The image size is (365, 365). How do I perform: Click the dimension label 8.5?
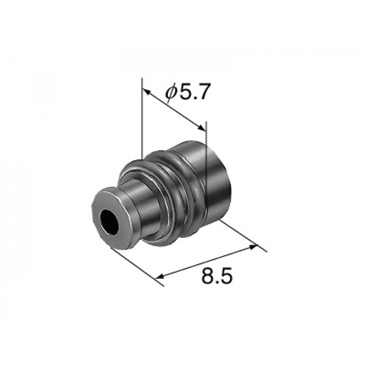217,276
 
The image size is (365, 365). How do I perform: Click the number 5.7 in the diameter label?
194,91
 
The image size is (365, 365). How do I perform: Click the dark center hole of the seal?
110,222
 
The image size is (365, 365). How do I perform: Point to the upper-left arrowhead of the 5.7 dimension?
145,91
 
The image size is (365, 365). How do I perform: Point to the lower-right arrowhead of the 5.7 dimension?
202,128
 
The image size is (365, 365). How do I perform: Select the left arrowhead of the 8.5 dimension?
160,276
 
